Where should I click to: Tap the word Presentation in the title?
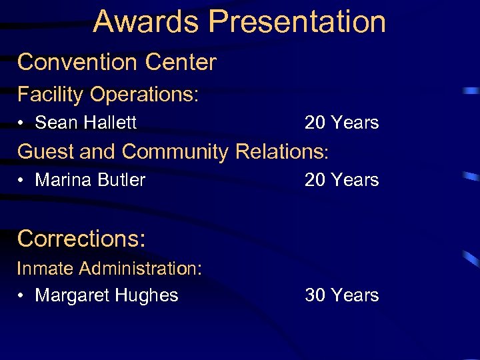tap(297, 21)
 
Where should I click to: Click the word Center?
tap(181, 62)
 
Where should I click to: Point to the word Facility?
tap(50, 95)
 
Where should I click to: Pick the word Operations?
tap(144, 95)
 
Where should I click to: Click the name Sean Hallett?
tap(85, 123)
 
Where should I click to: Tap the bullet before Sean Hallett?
tap(22, 123)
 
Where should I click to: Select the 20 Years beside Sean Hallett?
tap(341, 123)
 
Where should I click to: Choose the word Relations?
tap(282, 151)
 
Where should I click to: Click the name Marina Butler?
tap(90, 180)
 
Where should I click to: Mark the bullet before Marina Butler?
tap(22, 181)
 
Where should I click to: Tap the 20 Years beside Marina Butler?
tap(341, 180)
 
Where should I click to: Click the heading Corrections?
tap(81, 238)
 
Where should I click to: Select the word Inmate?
tap(45, 269)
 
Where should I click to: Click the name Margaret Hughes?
tap(107, 295)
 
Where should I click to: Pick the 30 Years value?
tap(341, 295)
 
